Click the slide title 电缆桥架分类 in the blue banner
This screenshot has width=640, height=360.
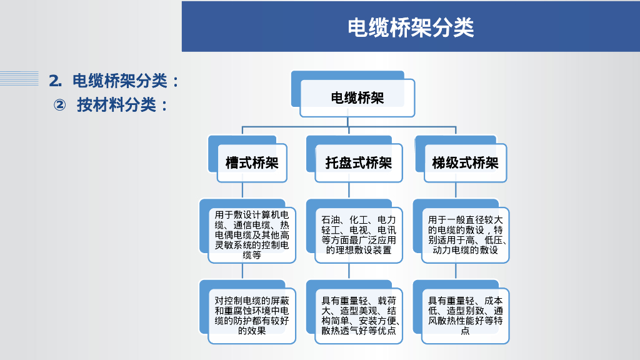click(411, 27)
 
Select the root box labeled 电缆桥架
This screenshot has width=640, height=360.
click(357, 98)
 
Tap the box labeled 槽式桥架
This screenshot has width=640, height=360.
click(251, 163)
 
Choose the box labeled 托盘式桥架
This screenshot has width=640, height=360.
click(358, 163)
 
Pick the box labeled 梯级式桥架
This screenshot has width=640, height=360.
click(465, 163)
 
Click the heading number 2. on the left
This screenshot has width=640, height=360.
click(56, 81)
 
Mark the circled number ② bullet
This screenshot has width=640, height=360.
click(59, 105)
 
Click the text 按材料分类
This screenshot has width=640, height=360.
click(116, 105)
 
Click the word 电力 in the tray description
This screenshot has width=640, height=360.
click(387, 220)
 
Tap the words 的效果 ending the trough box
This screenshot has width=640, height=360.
click(252, 331)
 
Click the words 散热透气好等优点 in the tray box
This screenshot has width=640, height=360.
click(358, 331)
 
